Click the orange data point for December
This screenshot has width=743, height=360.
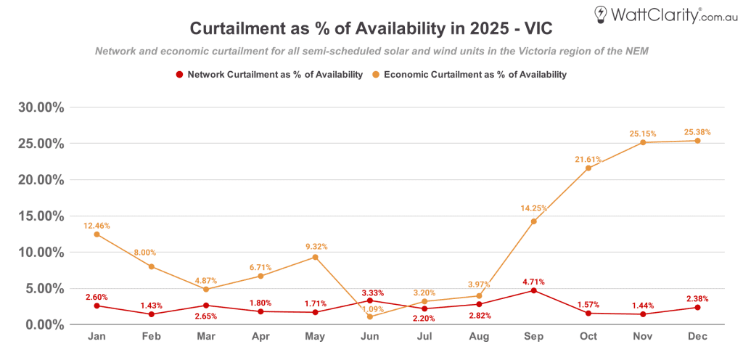pos(697,141)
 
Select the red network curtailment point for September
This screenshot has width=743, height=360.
pos(533,290)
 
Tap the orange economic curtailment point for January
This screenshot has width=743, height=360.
pos(97,234)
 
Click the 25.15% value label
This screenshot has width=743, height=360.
pos(643,134)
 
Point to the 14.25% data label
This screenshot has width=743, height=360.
pos(533,208)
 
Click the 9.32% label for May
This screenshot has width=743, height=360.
pos(315,247)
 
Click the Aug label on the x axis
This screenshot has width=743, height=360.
pos(478,337)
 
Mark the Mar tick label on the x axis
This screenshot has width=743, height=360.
pos(205,337)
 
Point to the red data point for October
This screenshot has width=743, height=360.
pos(588,313)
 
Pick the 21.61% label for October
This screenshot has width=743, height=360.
pos(588,159)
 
